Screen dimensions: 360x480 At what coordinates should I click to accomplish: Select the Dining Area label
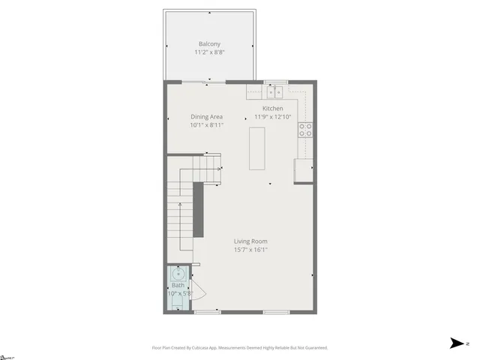[x=206, y=116]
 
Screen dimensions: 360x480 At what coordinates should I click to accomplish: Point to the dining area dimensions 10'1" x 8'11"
[x=206, y=125]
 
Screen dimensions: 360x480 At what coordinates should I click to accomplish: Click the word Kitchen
[x=272, y=108]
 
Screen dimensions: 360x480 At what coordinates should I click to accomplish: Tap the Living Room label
[x=250, y=241]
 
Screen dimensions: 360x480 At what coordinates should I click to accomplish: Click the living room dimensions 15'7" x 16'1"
[x=250, y=250]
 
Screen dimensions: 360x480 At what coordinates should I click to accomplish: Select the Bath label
[x=178, y=285]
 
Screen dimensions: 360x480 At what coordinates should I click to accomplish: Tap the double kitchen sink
[x=275, y=91]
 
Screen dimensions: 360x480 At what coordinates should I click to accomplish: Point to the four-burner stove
[x=305, y=131]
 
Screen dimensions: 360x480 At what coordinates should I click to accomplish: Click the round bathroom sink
[x=178, y=272]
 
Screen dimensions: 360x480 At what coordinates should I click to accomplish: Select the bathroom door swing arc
[x=199, y=292]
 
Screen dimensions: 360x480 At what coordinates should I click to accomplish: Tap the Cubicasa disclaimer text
[x=239, y=347]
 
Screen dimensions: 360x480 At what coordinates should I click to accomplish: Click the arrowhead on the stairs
[x=219, y=169]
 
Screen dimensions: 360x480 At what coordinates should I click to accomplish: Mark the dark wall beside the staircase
[x=199, y=209]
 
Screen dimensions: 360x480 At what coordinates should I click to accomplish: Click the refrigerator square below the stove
[x=304, y=170]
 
